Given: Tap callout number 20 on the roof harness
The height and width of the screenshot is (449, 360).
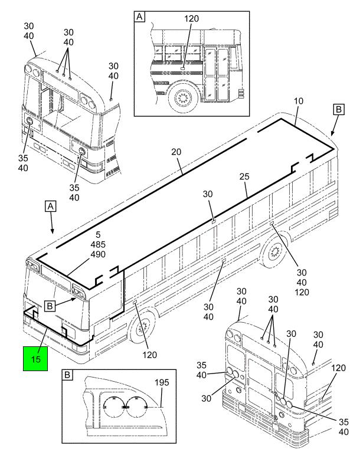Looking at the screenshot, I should pyautogui.click(x=176, y=151).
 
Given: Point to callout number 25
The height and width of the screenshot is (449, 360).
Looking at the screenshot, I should pyautogui.click(x=245, y=176).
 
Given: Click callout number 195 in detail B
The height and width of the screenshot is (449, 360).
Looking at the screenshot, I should pyautogui.click(x=162, y=382).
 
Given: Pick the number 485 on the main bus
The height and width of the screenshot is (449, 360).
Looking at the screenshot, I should pyautogui.click(x=97, y=244).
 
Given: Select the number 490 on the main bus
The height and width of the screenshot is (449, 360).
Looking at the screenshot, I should pyautogui.click(x=97, y=254).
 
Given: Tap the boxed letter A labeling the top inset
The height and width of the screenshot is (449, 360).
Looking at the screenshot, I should pyautogui.click(x=140, y=17).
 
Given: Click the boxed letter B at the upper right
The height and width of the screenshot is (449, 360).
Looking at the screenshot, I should pyautogui.click(x=338, y=110).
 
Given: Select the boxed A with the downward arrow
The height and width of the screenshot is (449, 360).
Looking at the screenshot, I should pyautogui.click(x=51, y=206).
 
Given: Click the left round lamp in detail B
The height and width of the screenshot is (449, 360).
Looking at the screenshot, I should pyautogui.click(x=113, y=407).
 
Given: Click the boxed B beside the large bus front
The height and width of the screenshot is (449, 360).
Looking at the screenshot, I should pyautogui.click(x=51, y=305).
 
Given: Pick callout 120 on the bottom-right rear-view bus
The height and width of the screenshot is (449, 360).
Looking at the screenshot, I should pyautogui.click(x=338, y=368).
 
